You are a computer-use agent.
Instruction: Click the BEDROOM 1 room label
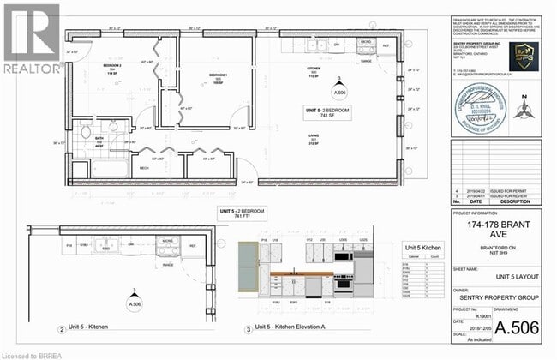217,76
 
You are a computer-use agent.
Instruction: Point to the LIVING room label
314,140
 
